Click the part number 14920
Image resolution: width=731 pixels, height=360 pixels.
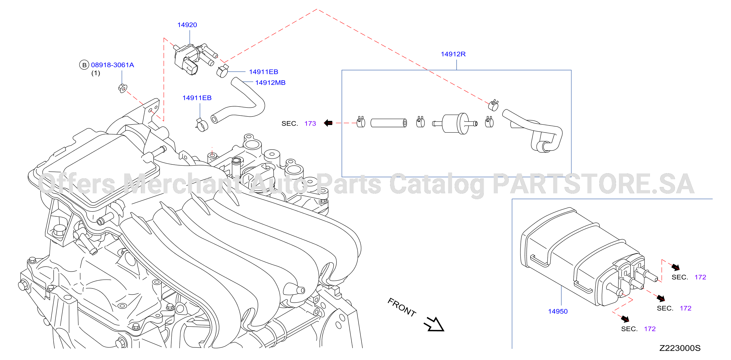tap(187, 25)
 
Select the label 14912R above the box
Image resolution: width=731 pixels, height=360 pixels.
tap(453, 54)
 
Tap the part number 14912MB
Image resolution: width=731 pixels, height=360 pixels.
tap(270, 83)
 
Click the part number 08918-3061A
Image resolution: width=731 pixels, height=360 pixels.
tap(112, 65)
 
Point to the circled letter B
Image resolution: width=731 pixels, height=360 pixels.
tap(84, 65)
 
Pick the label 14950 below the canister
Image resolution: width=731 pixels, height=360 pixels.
tap(558, 311)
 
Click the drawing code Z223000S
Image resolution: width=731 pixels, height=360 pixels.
tap(680, 348)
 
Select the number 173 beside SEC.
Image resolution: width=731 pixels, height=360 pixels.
tap(310, 124)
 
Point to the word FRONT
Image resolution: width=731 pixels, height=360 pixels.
tap(402, 307)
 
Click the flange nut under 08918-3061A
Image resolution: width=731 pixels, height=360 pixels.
tap(123, 88)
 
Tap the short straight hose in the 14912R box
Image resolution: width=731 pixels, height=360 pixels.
tap(389, 123)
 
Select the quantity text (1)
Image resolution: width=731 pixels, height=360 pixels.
tap(96, 73)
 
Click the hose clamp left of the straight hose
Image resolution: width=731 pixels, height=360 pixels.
tap(361, 122)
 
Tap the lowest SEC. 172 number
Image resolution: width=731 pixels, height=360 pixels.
tap(650, 329)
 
